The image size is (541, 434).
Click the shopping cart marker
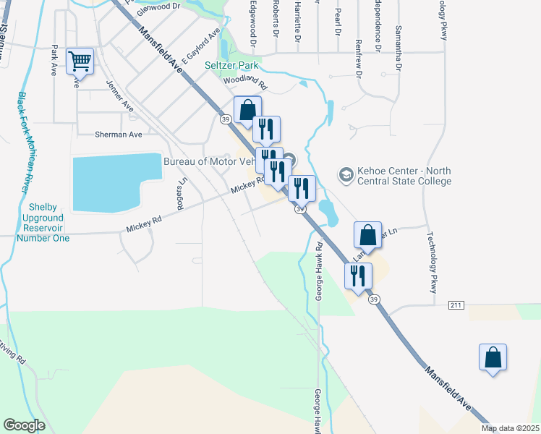pyautogui.click(x=80, y=61)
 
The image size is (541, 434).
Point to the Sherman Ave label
pyautogui.click(x=119, y=135)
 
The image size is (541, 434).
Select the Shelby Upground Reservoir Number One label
pyautogui.click(x=43, y=222)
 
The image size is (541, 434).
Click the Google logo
pyautogui.click(x=24, y=425)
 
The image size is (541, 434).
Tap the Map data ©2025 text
pyautogui.click(x=511, y=428)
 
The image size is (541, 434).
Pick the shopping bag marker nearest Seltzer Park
pyautogui.click(x=247, y=111)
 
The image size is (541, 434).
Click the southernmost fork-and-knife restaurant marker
pyautogui.click(x=358, y=276)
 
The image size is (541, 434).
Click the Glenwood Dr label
pyautogui.click(x=158, y=6)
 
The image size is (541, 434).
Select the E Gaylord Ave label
pyautogui.click(x=201, y=46)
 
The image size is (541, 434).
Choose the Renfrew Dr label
pyautogui.click(x=359, y=33)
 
